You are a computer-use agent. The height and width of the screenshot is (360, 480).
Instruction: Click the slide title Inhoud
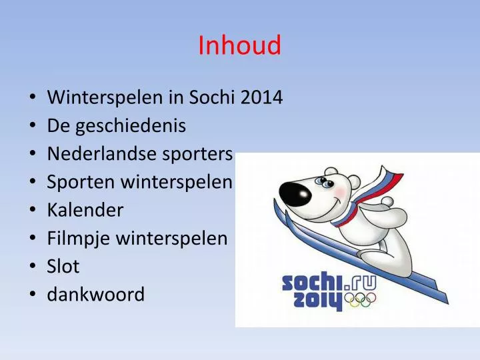(x=239, y=46)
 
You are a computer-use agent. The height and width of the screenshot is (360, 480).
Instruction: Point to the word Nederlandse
(x=103, y=154)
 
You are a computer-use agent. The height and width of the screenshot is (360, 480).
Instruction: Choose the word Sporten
(x=77, y=182)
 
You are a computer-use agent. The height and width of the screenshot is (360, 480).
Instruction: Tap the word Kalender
(x=85, y=210)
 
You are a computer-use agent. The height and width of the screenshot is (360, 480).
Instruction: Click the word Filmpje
(x=79, y=239)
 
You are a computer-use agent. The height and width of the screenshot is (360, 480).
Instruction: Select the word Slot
(x=63, y=267)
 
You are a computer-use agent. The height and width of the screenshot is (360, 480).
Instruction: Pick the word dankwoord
(x=96, y=295)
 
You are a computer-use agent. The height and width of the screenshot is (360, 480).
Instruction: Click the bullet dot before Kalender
(x=33, y=211)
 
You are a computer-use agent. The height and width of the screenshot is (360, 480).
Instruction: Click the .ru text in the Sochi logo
(x=360, y=281)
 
